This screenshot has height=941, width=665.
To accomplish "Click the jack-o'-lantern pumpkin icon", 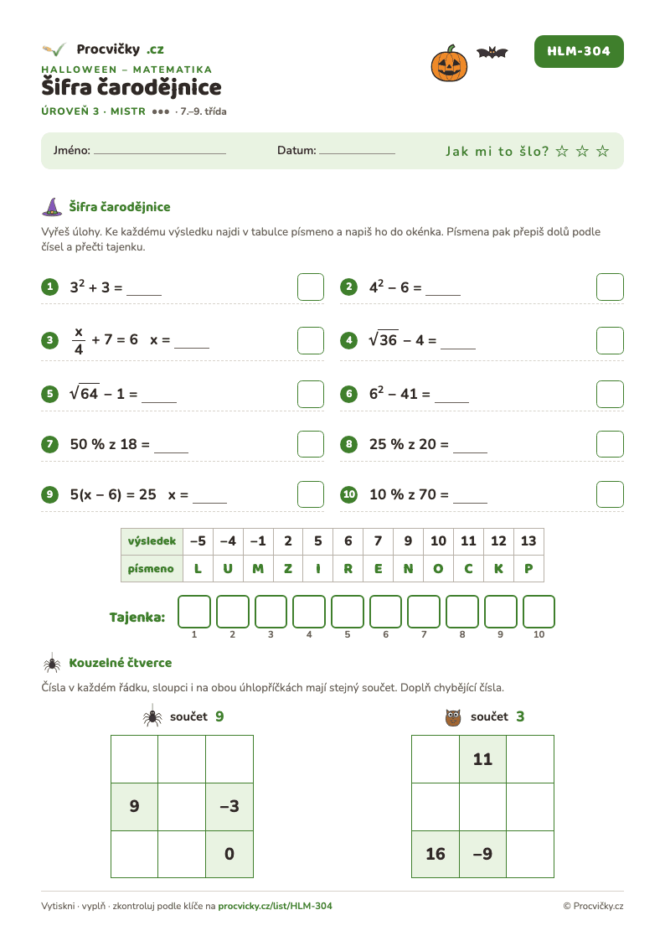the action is [x=449, y=64].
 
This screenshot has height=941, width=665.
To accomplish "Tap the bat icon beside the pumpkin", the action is [x=492, y=53].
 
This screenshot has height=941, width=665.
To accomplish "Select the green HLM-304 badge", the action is [x=579, y=52].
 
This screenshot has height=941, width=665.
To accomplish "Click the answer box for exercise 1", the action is [x=311, y=287].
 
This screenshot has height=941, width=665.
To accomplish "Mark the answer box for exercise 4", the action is [x=610, y=340].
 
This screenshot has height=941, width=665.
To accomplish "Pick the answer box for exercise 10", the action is [x=610, y=494].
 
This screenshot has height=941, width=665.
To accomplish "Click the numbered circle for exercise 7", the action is [x=49, y=445].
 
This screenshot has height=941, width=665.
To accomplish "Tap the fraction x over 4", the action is [x=79, y=341].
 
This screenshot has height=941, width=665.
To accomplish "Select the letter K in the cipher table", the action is [x=498, y=568].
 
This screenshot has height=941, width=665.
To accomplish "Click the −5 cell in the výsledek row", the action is [x=198, y=541].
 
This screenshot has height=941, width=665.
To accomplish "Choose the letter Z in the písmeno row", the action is [x=288, y=568].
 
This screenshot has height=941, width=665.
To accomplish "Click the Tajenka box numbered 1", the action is [x=194, y=612].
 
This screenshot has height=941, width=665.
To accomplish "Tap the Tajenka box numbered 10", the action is [x=539, y=612].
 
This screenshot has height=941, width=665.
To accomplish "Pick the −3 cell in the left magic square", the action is [x=229, y=807].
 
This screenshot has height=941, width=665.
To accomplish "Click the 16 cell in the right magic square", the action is [x=436, y=854].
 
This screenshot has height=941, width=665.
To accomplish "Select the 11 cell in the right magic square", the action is [x=482, y=759].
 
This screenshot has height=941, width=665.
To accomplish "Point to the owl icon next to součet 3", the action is [x=453, y=717].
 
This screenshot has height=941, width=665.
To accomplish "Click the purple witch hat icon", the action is [x=52, y=207].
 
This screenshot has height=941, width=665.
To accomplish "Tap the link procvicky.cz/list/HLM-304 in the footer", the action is [x=275, y=906].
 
